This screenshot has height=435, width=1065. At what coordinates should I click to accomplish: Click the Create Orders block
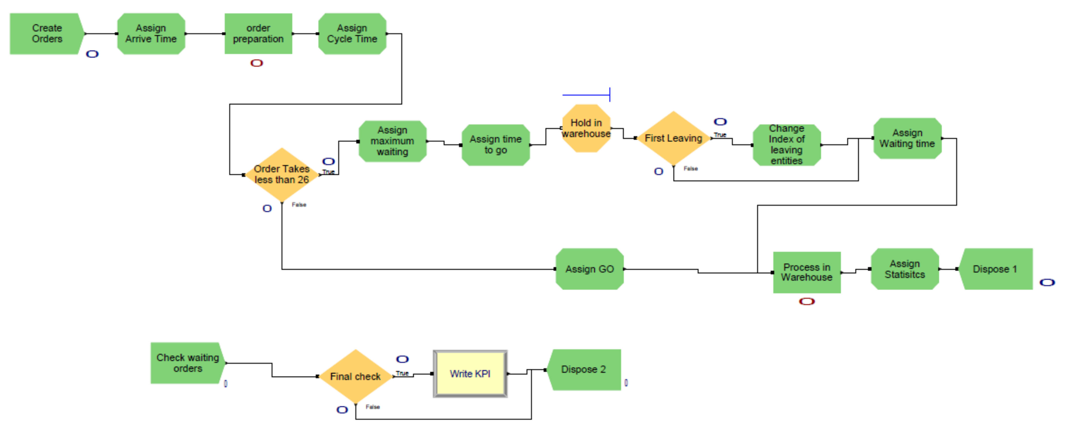(46, 33)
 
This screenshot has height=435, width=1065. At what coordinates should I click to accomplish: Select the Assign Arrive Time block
(151, 33)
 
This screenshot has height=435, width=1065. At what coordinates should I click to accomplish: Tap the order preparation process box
(258, 33)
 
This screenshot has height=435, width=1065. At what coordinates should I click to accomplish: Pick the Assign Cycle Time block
(352, 33)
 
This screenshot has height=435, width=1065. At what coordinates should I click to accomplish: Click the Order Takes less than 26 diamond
(282, 174)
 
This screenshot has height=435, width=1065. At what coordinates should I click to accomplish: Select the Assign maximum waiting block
(392, 141)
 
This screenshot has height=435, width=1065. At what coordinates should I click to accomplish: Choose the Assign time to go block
(495, 145)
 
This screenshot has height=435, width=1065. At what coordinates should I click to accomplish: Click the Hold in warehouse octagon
(586, 128)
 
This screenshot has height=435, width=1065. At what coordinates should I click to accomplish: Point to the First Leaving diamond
(673, 138)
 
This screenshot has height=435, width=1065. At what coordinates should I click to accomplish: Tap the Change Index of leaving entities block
(786, 145)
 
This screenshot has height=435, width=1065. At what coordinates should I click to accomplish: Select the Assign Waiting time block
(907, 138)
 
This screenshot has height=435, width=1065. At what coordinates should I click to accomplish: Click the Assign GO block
(589, 269)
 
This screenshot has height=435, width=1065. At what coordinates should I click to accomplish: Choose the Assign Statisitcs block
(905, 269)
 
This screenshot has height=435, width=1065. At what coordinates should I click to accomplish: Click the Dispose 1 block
(995, 269)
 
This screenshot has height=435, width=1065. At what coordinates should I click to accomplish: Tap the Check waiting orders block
(187, 363)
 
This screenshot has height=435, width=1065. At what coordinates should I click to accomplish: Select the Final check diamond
(355, 376)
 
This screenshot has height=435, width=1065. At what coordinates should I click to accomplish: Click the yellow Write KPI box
(470, 373)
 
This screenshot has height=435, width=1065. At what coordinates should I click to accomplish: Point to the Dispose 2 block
(583, 369)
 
